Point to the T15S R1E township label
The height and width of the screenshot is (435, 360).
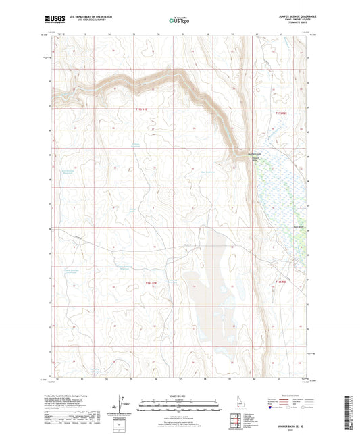pos(140,110)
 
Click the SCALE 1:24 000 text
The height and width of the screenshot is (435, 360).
pos(180,396)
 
